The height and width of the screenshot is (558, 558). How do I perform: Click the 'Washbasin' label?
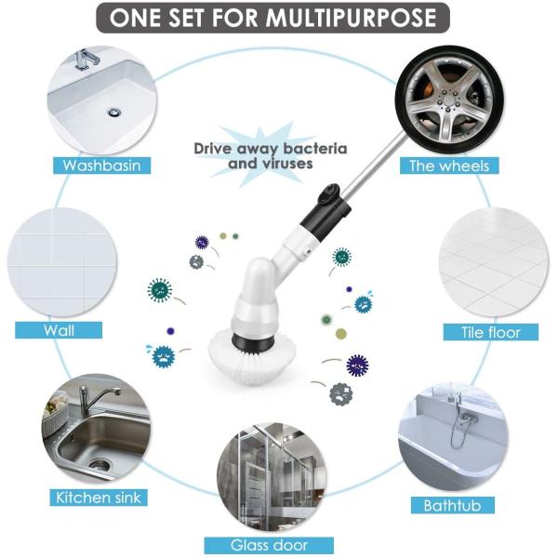[101, 166]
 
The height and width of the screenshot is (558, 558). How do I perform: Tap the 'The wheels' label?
[449, 166]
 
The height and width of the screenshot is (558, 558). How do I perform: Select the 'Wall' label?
[59, 330]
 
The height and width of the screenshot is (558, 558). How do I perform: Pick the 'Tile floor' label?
[491, 332]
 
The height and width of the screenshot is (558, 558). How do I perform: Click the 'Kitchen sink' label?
[99, 498]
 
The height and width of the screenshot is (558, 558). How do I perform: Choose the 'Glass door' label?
[269, 545]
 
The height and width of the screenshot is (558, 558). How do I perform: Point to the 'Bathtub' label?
[453, 505]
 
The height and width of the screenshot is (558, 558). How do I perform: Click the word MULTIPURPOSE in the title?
[352, 18]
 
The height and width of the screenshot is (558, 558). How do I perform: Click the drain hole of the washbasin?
[114, 113]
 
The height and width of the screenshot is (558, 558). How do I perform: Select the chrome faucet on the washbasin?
[86, 59]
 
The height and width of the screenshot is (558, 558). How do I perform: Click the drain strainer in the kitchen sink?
[99, 464]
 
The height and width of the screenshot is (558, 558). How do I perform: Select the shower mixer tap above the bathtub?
[463, 416]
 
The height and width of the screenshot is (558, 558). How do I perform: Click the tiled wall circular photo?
[62, 262]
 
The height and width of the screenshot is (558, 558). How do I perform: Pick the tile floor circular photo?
[494, 262]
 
